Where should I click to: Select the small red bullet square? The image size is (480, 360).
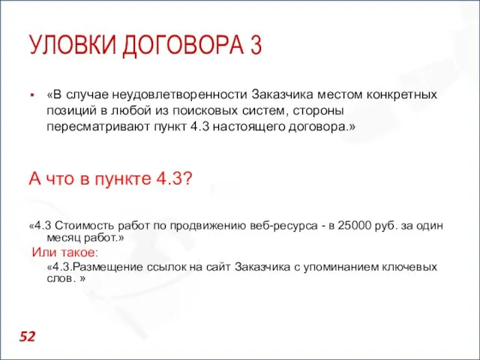click(33, 96)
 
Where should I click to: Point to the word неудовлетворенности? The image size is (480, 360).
click(180, 95)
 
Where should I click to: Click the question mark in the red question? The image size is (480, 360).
click(189, 179)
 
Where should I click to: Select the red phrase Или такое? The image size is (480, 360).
click(64, 252)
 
